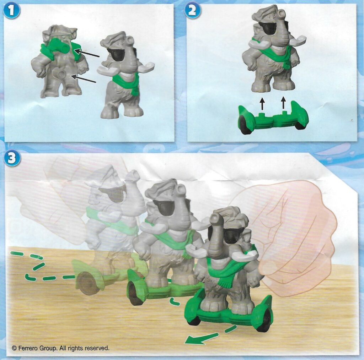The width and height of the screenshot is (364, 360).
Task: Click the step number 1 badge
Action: pos(11,11)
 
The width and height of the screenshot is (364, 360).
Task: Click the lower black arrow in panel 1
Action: pos(83,79)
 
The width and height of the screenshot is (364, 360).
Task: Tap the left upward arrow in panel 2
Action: pos(262,103)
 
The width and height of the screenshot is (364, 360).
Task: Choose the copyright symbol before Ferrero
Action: pos(14,348)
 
